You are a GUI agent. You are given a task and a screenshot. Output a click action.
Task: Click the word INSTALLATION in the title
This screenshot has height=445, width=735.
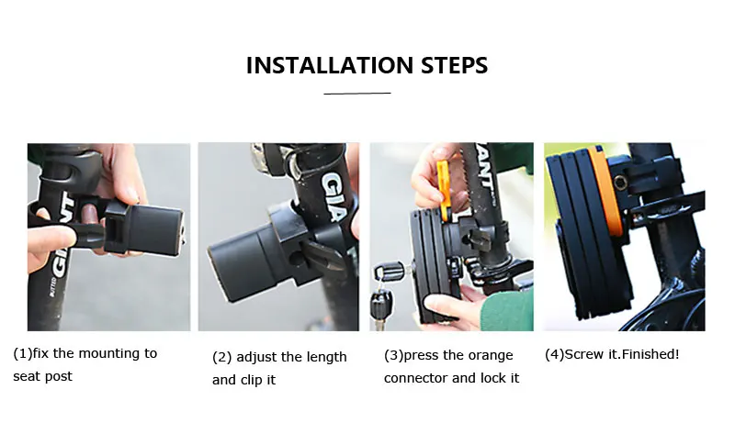pos(329,65)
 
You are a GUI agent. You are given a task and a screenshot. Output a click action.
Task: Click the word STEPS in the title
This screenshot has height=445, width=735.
pos(454,65)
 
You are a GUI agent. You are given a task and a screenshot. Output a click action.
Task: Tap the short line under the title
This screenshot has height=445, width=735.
pos(357,93)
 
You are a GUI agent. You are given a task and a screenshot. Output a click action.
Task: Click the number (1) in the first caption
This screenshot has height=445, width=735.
pos(22,353)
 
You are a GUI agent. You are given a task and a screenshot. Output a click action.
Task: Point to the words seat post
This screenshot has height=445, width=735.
pos(42,377)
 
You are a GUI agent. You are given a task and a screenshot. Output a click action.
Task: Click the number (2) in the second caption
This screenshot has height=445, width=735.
pos(222,357)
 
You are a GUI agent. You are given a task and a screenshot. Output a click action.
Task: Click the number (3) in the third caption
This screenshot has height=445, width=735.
pos(394,355)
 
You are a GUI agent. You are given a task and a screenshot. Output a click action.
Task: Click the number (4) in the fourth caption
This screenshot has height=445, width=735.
pos(555,354)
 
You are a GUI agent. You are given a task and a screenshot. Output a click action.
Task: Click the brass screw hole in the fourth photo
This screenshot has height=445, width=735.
pos(620,183)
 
